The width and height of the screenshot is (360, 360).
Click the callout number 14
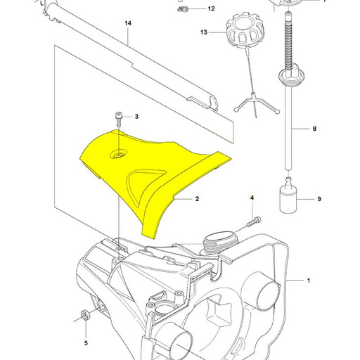(x=128, y=23)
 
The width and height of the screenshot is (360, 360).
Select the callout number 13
(x=204, y=32)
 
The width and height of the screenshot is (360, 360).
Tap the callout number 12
(x=211, y=8)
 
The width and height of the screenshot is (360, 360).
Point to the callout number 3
(x=136, y=117)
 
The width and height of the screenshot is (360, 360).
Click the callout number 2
(x=197, y=199)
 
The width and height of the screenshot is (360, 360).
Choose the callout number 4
(x=252, y=198)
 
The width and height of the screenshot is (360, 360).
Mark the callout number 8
(x=314, y=129)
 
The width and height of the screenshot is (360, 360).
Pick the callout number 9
(x=319, y=199)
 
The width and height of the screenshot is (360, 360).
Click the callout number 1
(x=309, y=281)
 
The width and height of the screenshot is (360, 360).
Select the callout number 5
(x=86, y=343)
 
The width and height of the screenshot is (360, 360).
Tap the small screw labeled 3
(x=118, y=120)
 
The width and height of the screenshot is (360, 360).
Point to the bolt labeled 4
(x=254, y=221)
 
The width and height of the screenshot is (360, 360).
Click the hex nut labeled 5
(x=84, y=314)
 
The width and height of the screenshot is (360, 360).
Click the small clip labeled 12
(x=181, y=10)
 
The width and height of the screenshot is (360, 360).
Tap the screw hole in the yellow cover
(x=119, y=155)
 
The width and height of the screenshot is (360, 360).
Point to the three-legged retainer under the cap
(x=256, y=103)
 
